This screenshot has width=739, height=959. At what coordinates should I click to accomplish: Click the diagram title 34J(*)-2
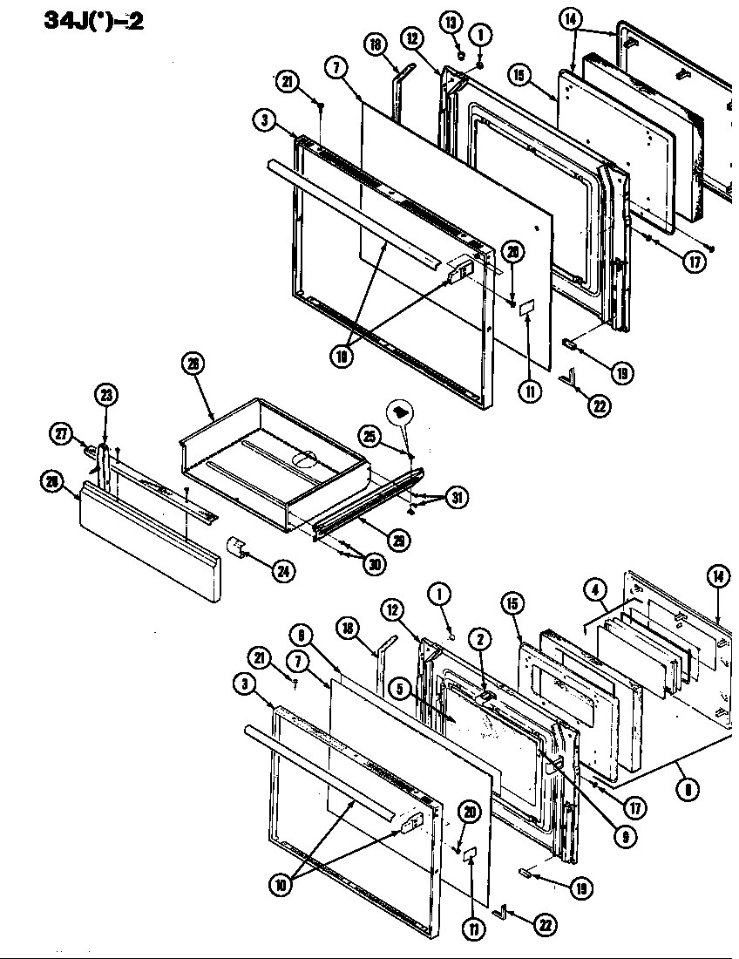(x=94, y=20)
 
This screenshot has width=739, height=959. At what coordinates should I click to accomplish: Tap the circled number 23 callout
(x=105, y=394)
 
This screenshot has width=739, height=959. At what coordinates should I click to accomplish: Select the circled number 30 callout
(x=375, y=563)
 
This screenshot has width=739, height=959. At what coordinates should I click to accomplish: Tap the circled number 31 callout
(x=455, y=498)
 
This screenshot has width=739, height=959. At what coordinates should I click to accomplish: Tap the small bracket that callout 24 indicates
(x=235, y=548)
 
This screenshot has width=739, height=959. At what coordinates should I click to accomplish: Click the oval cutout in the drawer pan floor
(x=305, y=456)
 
